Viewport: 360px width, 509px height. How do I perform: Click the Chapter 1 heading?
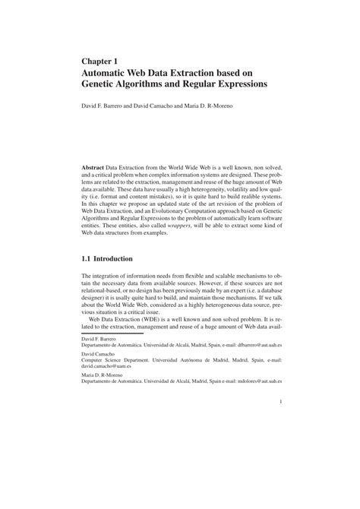pos(100,58)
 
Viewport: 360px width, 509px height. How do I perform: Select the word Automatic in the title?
pos(110,72)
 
